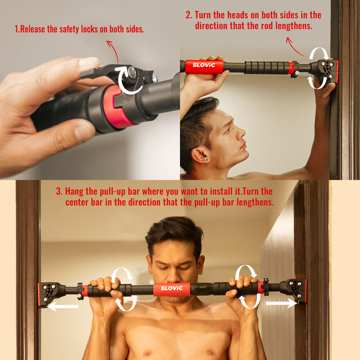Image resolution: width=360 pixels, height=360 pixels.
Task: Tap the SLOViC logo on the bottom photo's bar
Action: [x=171, y=289]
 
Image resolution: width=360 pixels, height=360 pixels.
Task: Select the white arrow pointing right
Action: [x=281, y=304]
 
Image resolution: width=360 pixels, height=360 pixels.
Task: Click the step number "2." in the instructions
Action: [x=189, y=15]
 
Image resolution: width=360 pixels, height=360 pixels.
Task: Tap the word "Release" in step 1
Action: [x=37, y=29]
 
